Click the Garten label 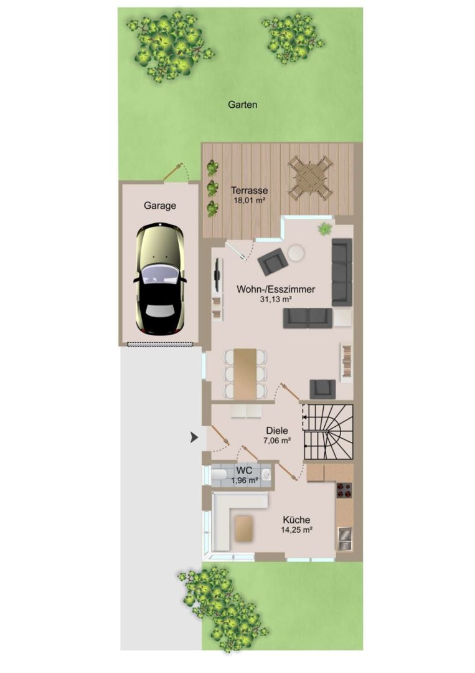pyautogui.click(x=243, y=104)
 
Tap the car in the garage pyautogui.click(x=160, y=279)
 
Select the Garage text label pyautogui.click(x=160, y=206)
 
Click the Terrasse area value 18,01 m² pyautogui.click(x=249, y=200)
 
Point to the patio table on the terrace pyautogui.click(x=311, y=177)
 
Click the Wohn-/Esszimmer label pyautogui.click(x=276, y=289)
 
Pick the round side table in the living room pyautogui.click(x=296, y=253)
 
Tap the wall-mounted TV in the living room pyautogui.click(x=217, y=274)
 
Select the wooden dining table pyautogui.click(x=245, y=373)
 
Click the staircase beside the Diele pyautogui.click(x=328, y=432)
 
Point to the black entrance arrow pyautogui.click(x=195, y=438)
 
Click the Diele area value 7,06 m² pyautogui.click(x=277, y=440)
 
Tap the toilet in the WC pyautogui.click(x=219, y=474)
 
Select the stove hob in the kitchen pyautogui.click(x=344, y=490)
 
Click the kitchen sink pyautogui.click(x=345, y=539)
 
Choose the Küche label pyautogui.click(x=296, y=520)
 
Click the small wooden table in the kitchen pyautogui.click(x=245, y=528)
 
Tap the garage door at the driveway pyautogui.click(x=160, y=343)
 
